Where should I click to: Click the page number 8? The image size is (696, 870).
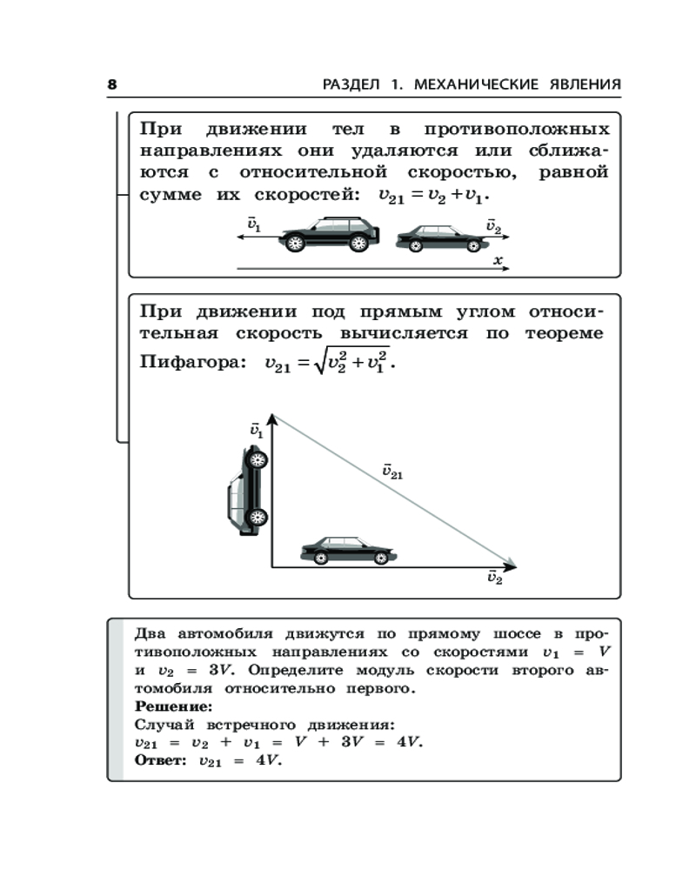click(111, 84)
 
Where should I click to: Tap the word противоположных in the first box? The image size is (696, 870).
click(517, 130)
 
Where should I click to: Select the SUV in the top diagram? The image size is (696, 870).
click(330, 234)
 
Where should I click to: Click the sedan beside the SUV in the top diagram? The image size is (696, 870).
click(439, 238)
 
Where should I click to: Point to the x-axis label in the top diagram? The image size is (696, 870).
click(498, 260)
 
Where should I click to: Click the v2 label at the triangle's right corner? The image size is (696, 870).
click(494, 579)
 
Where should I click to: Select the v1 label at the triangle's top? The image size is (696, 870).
click(255, 429)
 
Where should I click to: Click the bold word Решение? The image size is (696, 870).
click(168, 706)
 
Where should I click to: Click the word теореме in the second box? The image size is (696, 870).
click(566, 334)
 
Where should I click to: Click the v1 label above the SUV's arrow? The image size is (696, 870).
click(254, 224)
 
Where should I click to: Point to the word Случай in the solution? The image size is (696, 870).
click(164, 724)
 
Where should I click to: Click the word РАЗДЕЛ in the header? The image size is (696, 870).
click(353, 84)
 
